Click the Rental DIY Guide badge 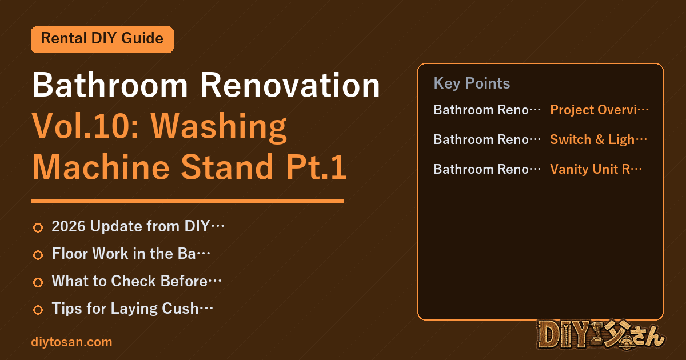coord(102,39)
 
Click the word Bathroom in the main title coord(110,85)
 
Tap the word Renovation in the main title coord(290,85)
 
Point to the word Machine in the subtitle coord(101,167)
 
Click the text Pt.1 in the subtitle coord(316,167)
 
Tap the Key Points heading coord(472,83)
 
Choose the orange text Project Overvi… coord(599,110)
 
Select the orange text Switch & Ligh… coord(599,139)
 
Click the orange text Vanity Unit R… coord(596,169)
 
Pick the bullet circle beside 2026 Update coord(38,227)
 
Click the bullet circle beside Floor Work coord(38,255)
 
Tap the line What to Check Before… coord(137,281)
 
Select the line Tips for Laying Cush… coord(132,309)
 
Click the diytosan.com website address coord(71,342)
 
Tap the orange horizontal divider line coord(187,201)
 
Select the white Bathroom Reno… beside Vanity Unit coord(487,169)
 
